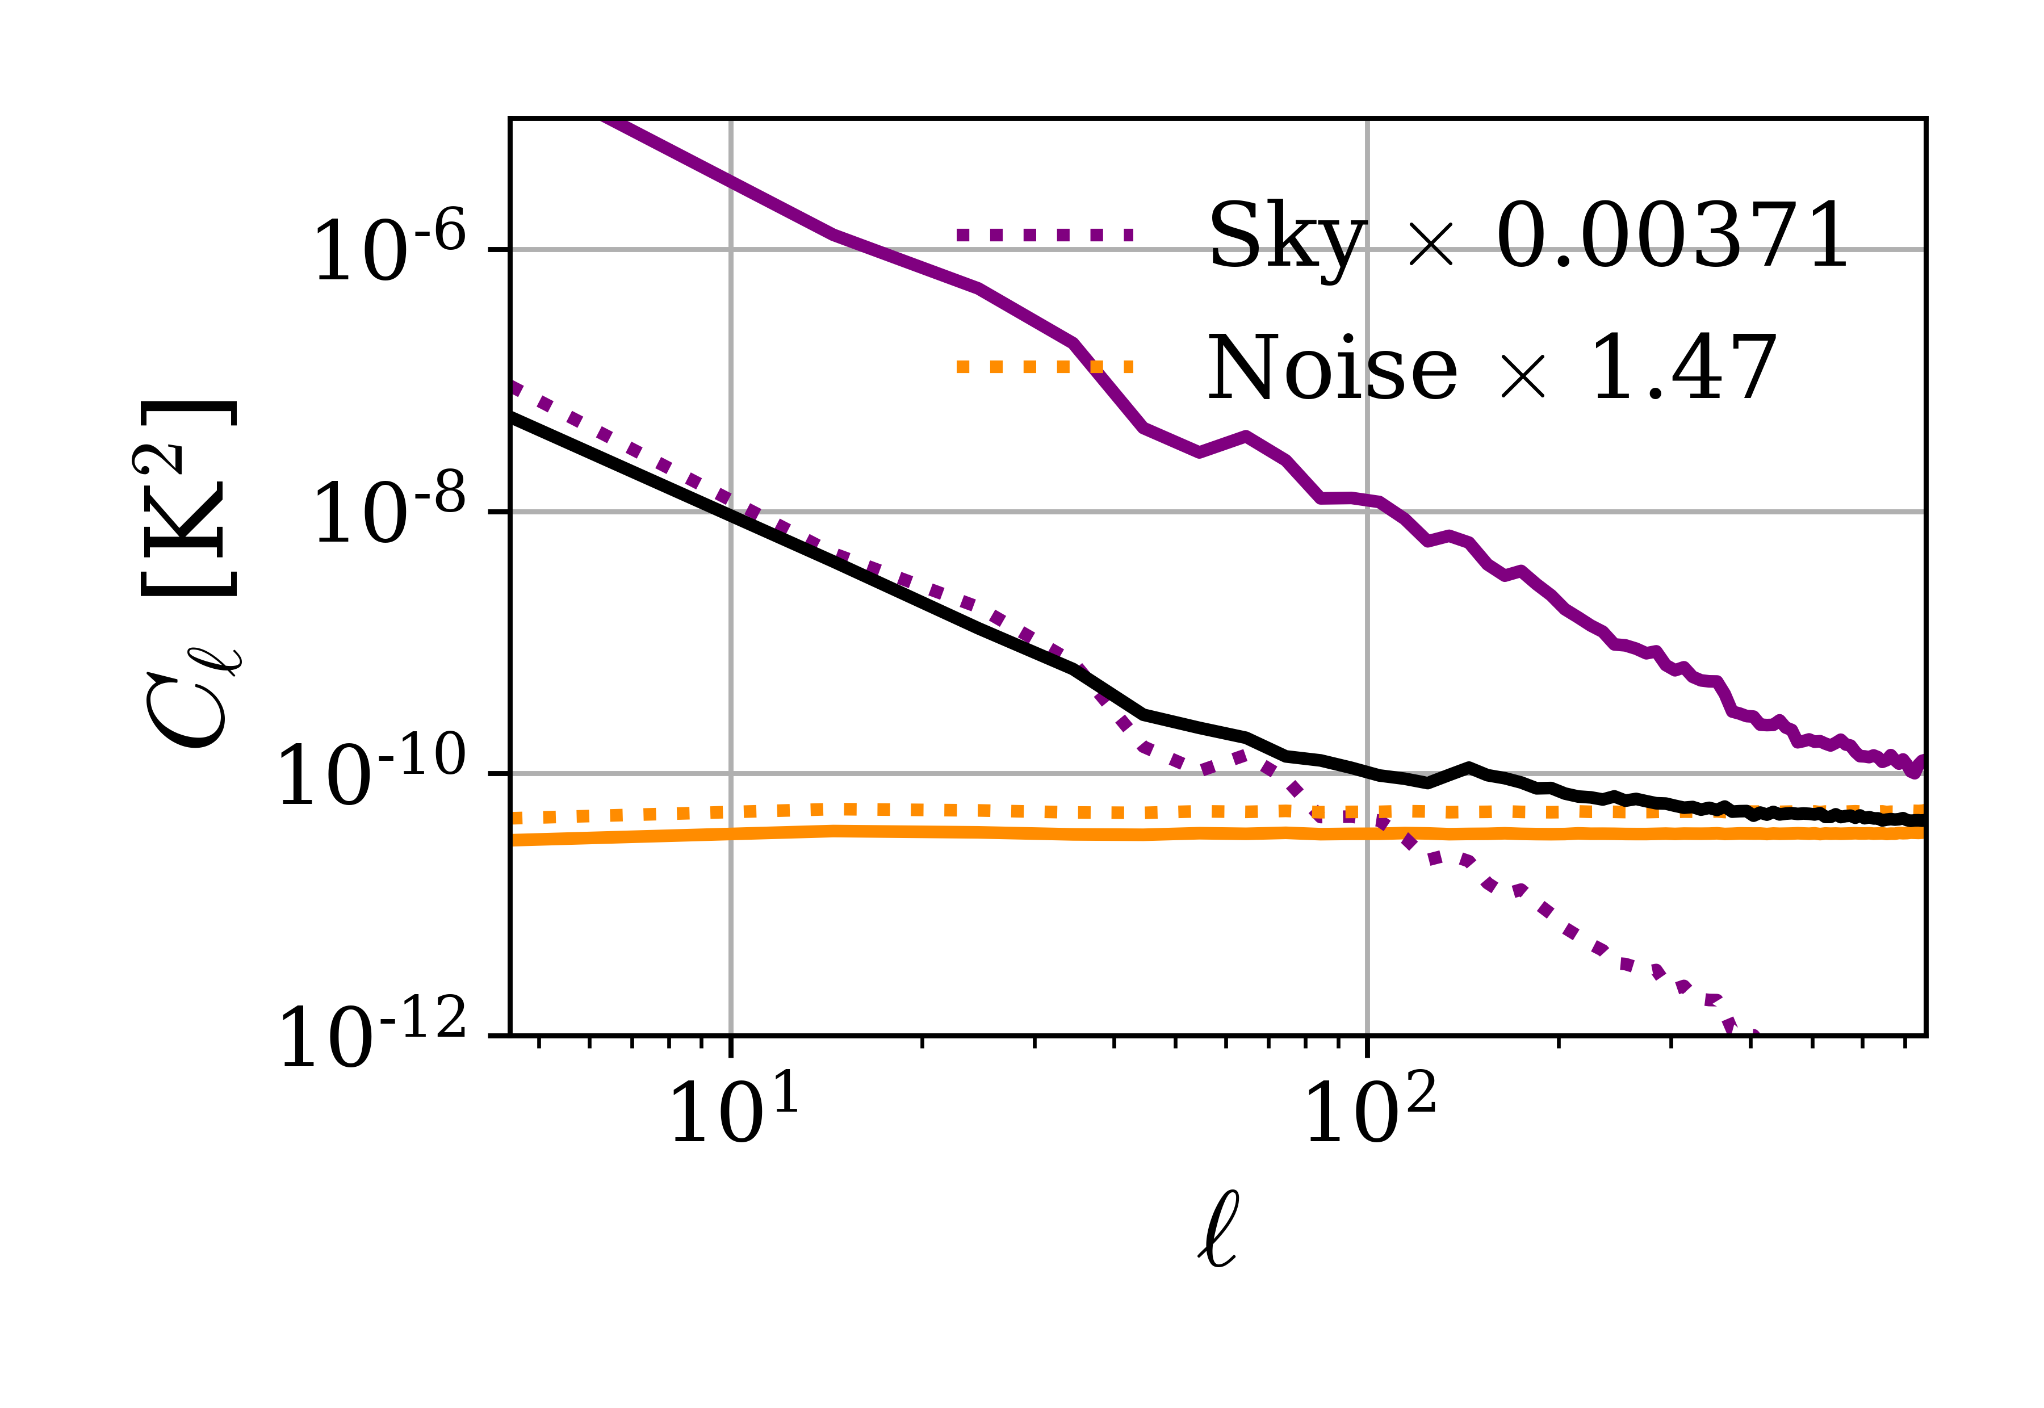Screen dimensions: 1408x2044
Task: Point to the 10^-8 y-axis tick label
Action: tap(389, 513)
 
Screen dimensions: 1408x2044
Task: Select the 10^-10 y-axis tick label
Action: tap(371, 774)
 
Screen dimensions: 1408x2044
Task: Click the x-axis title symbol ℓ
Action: tap(1218, 1231)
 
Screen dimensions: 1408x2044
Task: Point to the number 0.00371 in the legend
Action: tap(1672, 236)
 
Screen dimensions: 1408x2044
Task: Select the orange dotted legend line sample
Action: tap(1045, 367)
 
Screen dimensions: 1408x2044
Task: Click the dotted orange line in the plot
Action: tap(882, 809)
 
